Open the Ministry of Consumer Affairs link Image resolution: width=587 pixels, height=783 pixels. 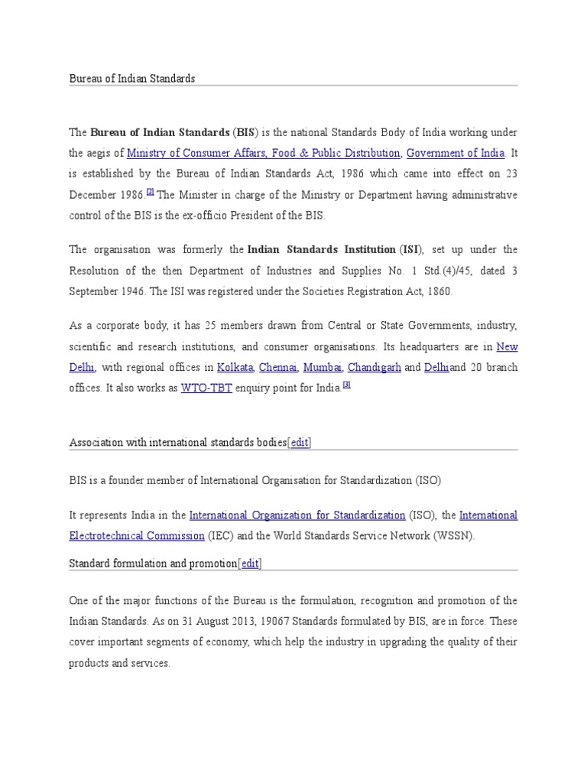(264, 153)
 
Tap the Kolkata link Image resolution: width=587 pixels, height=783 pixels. (235, 367)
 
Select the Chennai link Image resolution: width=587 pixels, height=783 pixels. (278, 367)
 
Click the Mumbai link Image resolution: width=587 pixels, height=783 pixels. (323, 367)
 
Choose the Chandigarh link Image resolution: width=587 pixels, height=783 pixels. (375, 367)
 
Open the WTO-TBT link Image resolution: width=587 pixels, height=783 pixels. (206, 388)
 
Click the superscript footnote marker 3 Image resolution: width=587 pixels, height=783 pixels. (346, 385)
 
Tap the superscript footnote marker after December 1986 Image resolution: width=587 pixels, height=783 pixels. (151, 192)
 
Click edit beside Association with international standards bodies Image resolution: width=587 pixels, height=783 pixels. (300, 442)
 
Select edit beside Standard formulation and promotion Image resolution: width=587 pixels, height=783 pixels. (250, 564)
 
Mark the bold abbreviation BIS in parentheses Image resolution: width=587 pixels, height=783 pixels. (246, 132)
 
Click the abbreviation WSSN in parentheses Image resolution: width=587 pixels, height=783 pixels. (455, 536)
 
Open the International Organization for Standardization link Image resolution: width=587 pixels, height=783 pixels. (297, 515)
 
